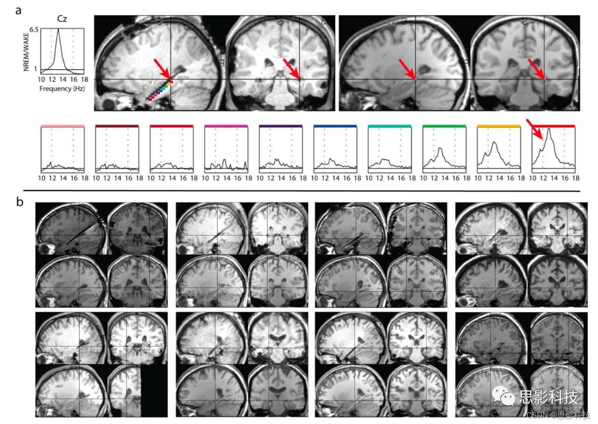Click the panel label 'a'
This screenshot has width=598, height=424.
click(x=18, y=11)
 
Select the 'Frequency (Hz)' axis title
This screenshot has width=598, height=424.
click(x=62, y=88)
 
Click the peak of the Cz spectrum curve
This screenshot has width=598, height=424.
click(x=58, y=29)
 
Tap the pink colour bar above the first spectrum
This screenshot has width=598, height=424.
click(x=63, y=125)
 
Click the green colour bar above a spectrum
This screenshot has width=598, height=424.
click(x=444, y=125)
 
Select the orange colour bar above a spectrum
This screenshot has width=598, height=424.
click(x=498, y=125)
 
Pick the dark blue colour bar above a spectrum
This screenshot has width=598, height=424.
click(x=335, y=125)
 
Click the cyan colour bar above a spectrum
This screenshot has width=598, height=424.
click(x=389, y=125)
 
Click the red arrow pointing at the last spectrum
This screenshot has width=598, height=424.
click(x=534, y=130)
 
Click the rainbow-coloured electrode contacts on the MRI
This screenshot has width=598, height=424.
click(x=159, y=91)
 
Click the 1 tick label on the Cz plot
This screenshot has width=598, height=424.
click(x=36, y=69)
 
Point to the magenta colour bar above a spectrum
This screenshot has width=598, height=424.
click(x=226, y=125)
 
